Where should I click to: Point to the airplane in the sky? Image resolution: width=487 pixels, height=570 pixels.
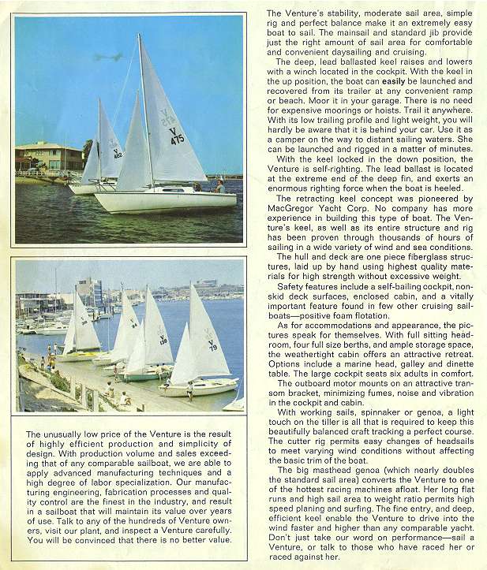[x=110, y=58]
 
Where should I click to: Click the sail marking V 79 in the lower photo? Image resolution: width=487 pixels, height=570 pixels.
[x=212, y=345]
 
